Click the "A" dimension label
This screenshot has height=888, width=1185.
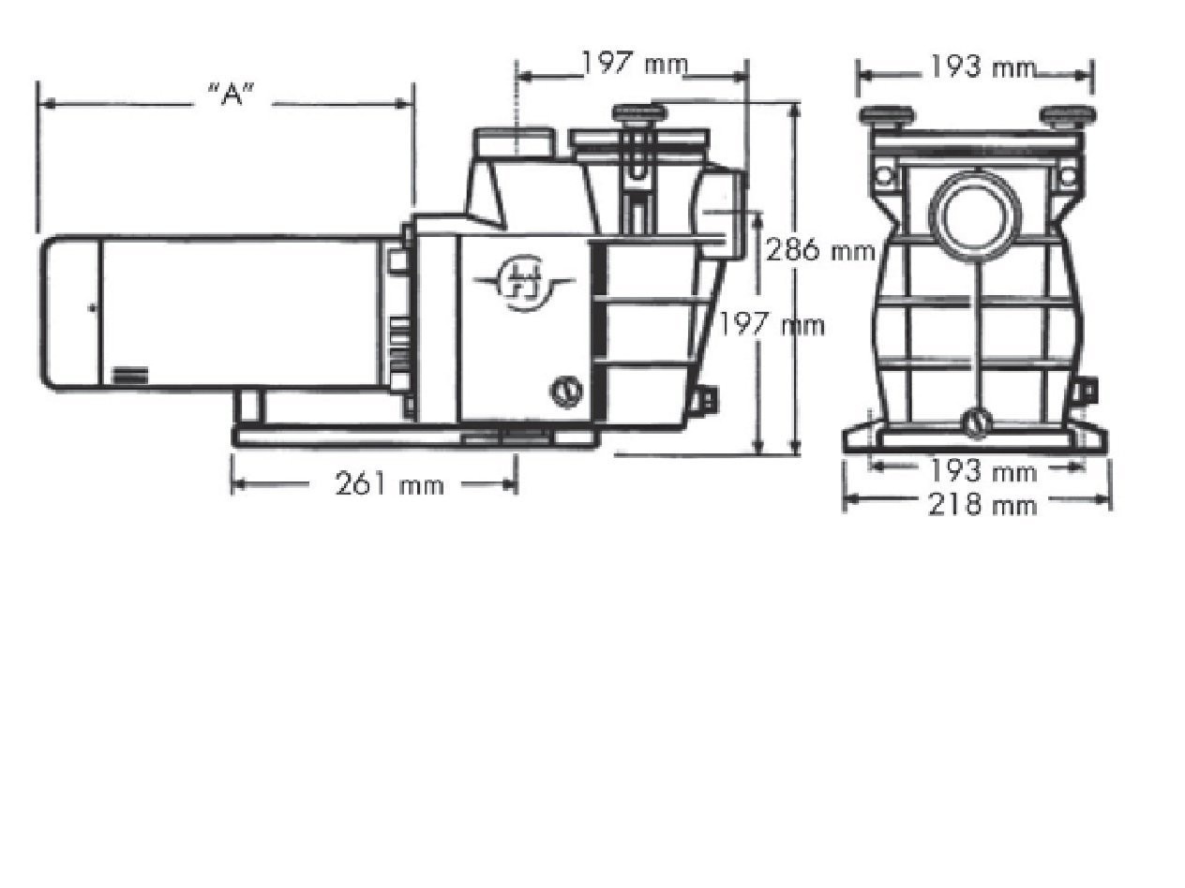point(231,95)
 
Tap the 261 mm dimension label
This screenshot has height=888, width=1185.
point(389,483)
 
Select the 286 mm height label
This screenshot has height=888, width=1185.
point(820,251)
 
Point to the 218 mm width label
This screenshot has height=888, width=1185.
point(982,505)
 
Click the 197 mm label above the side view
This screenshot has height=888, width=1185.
point(635,64)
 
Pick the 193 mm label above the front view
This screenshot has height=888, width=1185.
point(982,67)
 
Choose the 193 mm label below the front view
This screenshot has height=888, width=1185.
point(983,472)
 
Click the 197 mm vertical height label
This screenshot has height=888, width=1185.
point(772,325)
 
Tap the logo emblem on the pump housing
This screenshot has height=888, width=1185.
point(524,284)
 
